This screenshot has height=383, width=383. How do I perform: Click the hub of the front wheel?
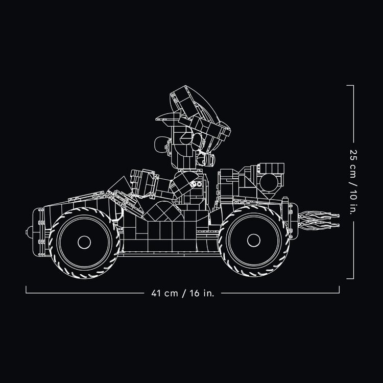click(x=84, y=242)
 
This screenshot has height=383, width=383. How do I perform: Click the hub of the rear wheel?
click(x=253, y=241)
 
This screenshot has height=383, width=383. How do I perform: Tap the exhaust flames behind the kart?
click(x=319, y=221)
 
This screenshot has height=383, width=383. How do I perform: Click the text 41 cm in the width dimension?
click(x=164, y=293)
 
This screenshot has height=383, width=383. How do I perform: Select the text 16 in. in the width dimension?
click(x=202, y=293)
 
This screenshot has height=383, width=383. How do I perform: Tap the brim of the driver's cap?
click(x=168, y=118)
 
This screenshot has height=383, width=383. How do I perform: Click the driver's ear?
click(x=198, y=142)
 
